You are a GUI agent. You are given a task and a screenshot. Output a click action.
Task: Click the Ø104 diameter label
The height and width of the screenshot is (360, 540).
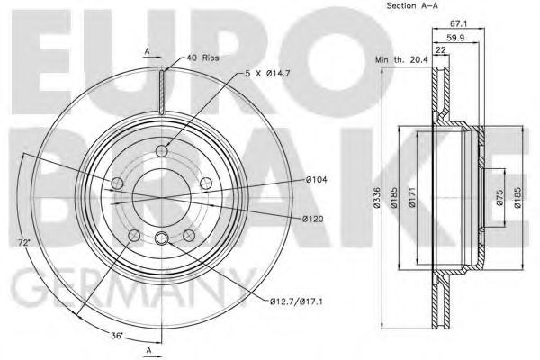click(315, 181)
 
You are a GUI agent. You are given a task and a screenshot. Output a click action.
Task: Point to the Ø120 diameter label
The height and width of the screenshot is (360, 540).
click(315, 220)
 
